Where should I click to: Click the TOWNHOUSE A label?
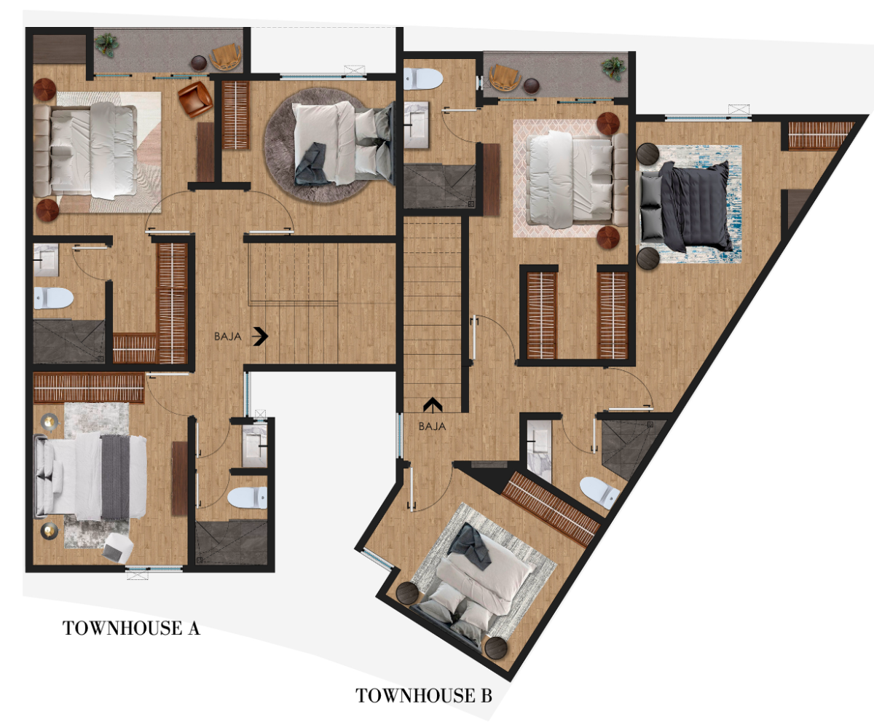131,628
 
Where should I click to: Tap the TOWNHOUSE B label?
424,696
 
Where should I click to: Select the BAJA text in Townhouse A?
228,337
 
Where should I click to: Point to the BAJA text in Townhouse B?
432,426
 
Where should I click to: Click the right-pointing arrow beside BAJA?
260,336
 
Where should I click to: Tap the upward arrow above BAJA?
433,406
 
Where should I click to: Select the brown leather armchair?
194,99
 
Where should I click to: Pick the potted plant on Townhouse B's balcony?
614,68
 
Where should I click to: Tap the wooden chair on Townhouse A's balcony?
226,57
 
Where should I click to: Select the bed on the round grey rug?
343,144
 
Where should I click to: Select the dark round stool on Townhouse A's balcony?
199,63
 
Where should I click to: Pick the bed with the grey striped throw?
90,477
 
